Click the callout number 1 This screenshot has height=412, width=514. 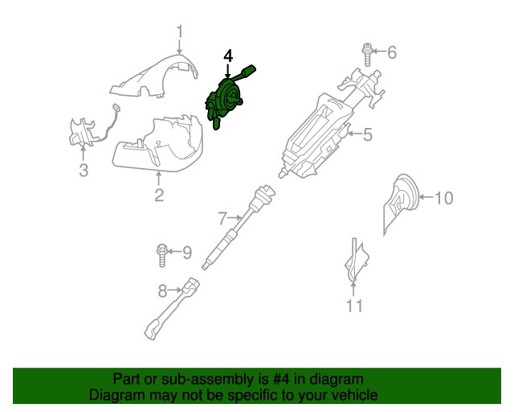click(180, 32)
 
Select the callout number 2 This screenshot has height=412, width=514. click(159, 195)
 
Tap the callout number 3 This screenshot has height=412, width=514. click(83, 170)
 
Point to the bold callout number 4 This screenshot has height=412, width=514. click(228, 56)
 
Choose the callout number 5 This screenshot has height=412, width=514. click(367, 135)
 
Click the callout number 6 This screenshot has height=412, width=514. click(392, 53)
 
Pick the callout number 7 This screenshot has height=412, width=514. click(222, 217)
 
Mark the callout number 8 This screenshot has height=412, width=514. click(162, 291)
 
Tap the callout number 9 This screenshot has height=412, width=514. click(186, 253)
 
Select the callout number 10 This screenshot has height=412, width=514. click(443, 197)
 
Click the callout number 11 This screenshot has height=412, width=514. click(354, 306)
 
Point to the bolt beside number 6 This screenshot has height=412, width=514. click(367, 54)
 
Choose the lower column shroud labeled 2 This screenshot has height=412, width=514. click(161, 145)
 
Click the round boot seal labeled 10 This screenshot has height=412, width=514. click(401, 201)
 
